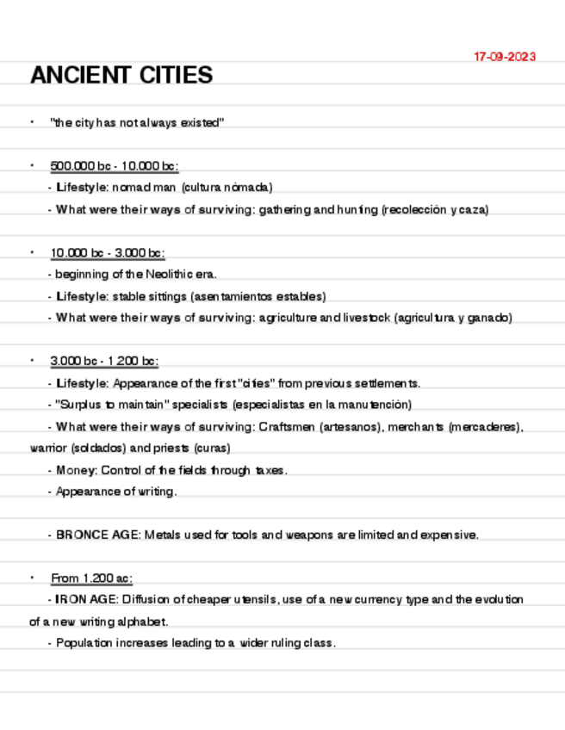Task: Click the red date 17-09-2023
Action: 505,57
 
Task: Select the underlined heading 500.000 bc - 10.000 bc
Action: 115,165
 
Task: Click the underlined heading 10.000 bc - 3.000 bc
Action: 108,253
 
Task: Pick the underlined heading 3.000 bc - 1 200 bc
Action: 104,362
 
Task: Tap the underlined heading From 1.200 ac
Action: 91,578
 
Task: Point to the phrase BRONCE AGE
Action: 97,535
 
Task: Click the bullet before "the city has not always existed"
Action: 32,122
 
